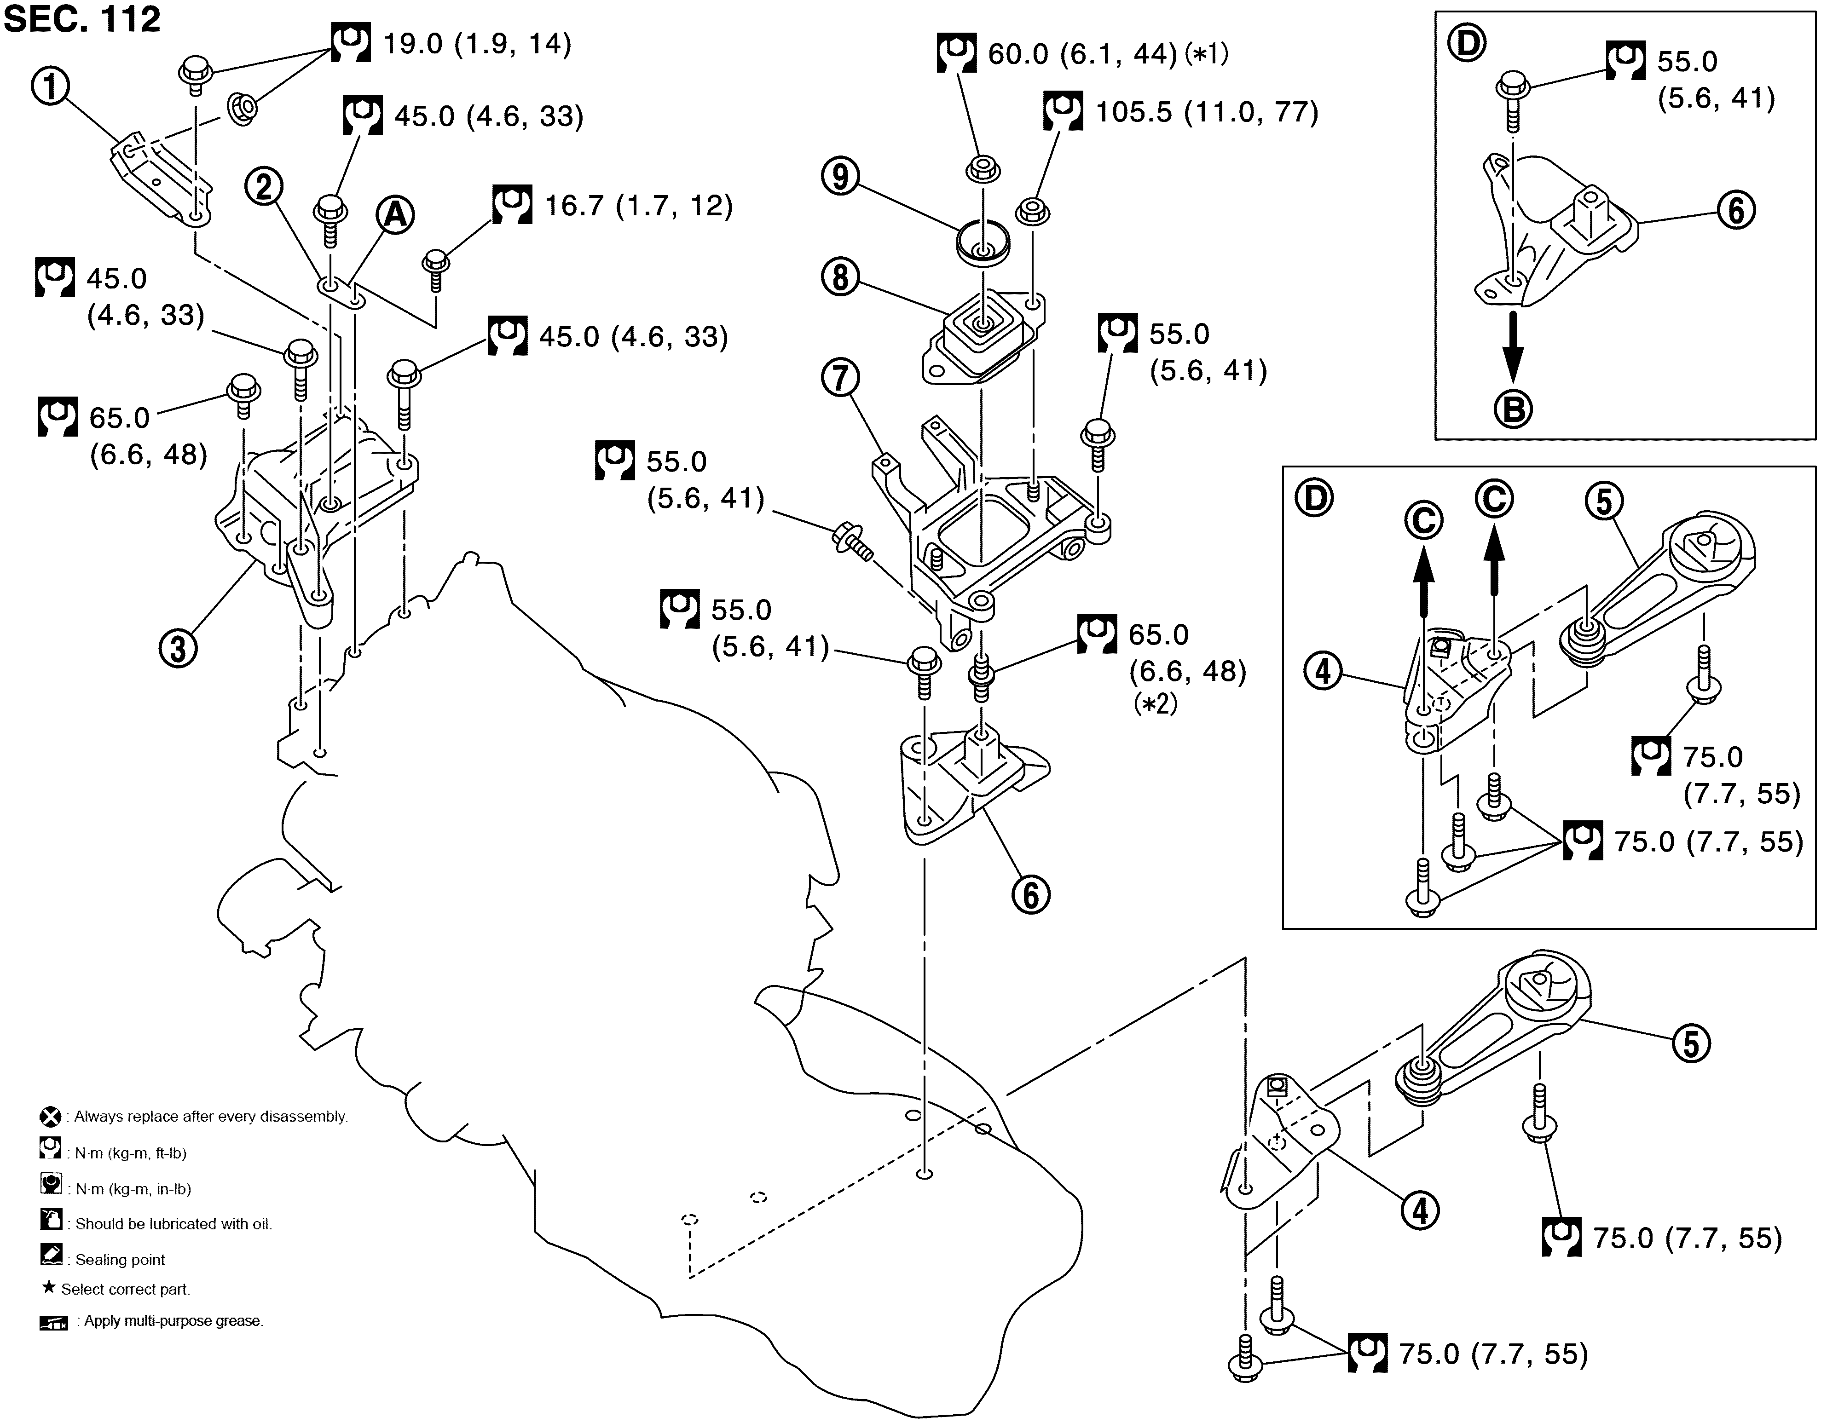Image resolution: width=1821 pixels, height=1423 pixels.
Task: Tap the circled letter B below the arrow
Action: click(x=1513, y=409)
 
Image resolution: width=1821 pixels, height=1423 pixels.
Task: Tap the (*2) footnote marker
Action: click(x=1155, y=704)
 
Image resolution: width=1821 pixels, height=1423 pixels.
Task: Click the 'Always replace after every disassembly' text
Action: click(x=211, y=1116)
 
